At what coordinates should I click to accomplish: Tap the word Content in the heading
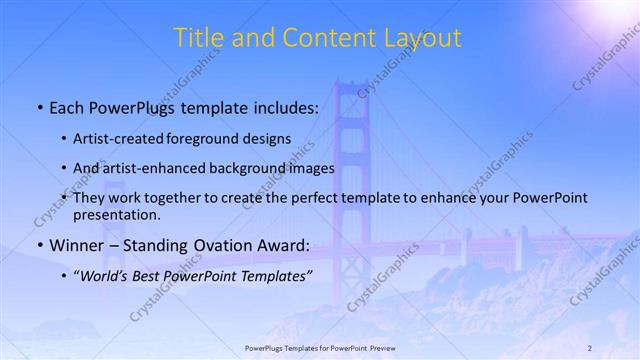(319, 39)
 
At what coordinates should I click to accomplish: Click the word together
(168, 198)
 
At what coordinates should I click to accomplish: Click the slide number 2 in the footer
(590, 347)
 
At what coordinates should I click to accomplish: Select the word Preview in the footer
(379, 347)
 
